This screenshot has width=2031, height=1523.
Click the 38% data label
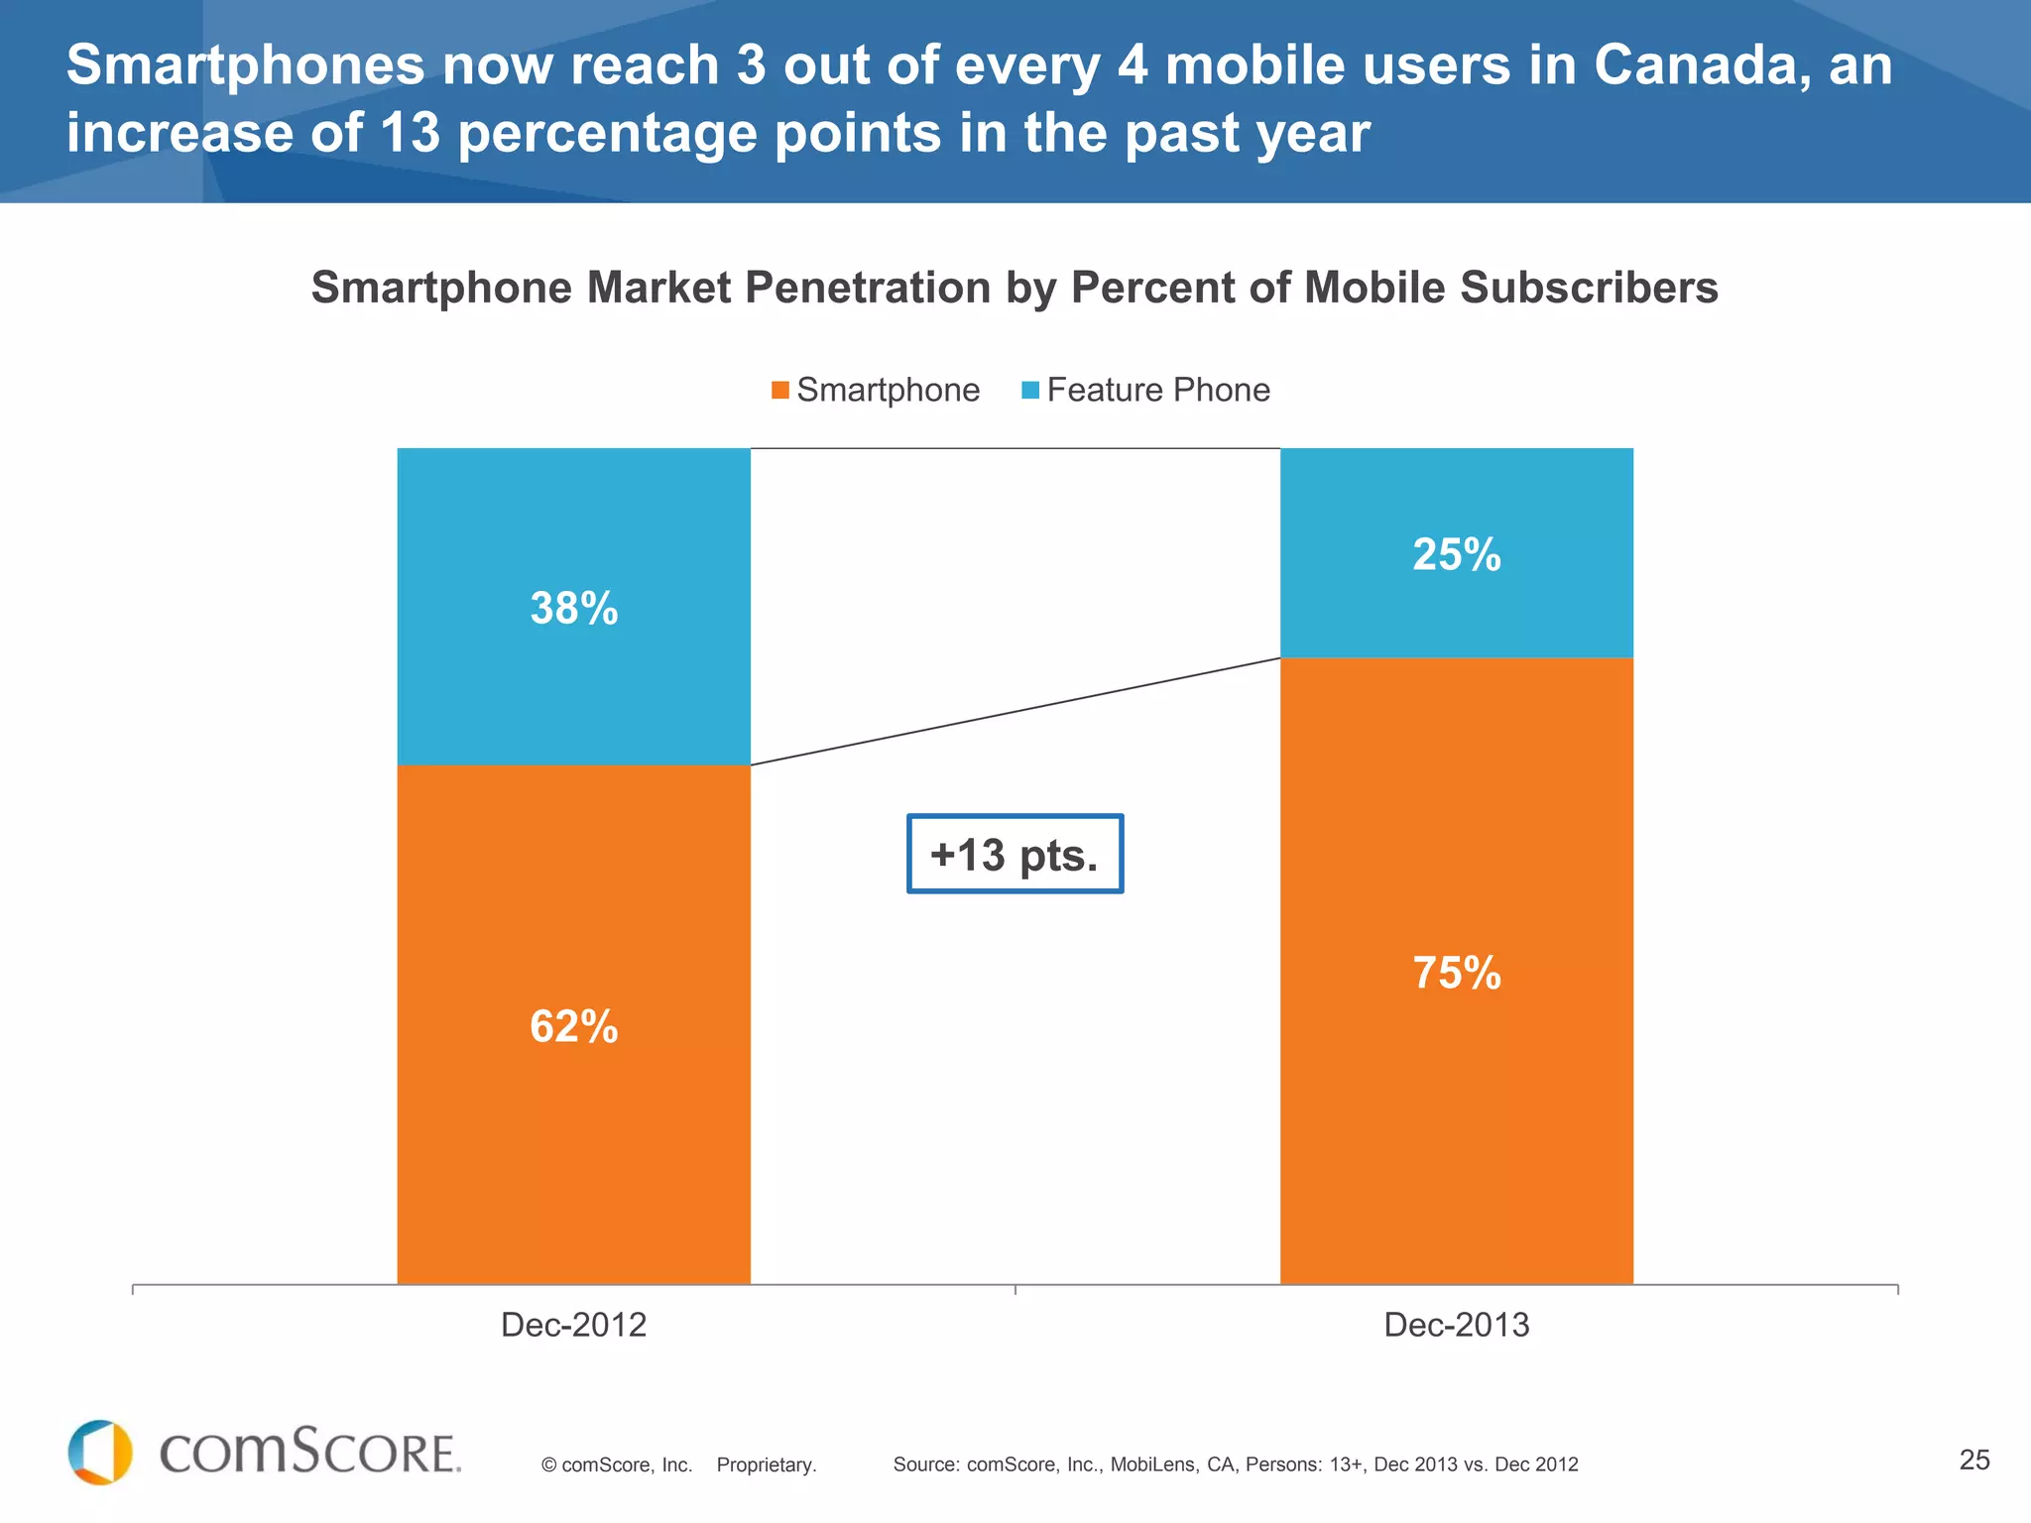tap(573, 608)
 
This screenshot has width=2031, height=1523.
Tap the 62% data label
tap(573, 1026)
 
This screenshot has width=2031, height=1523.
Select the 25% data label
tap(1456, 554)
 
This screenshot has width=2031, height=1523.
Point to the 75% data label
tap(1456, 973)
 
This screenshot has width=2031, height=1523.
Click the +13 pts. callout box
tap(1015, 855)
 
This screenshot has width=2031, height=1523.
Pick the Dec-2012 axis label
tap(573, 1325)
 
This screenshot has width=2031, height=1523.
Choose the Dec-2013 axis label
tap(1456, 1325)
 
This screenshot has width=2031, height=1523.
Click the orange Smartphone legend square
tap(780, 391)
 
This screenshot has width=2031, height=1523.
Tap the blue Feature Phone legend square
tap(1030, 391)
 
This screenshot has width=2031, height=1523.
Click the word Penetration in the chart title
tap(868, 288)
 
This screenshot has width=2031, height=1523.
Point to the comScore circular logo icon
tap(100, 1453)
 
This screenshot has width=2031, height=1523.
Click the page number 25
tap(1974, 1460)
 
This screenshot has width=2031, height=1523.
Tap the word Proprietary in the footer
tap(766, 1465)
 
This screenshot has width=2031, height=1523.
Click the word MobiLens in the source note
tap(1152, 1464)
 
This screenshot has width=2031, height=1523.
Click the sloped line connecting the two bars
tap(1015, 711)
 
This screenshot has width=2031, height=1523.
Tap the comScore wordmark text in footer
tap(309, 1454)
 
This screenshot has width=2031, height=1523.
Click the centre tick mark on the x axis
tap(1015, 1289)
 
